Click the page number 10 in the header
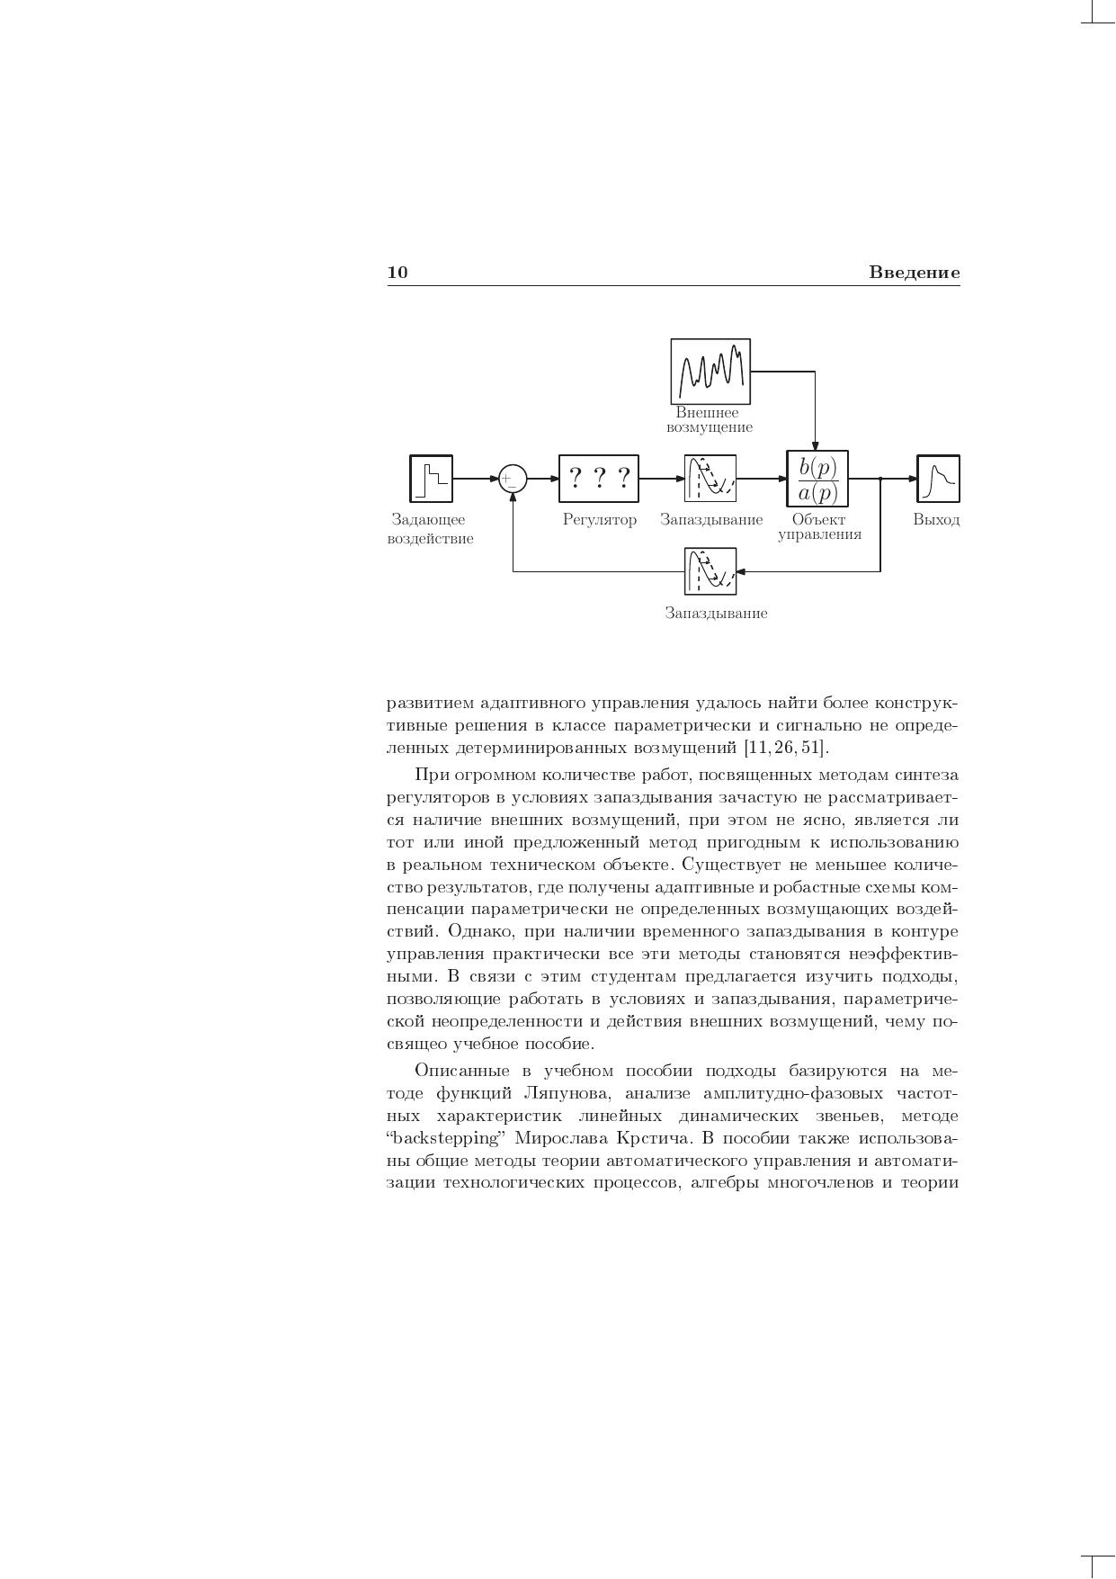[x=397, y=273]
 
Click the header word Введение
[x=914, y=273]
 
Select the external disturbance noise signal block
[x=710, y=372]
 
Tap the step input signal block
[x=431, y=478]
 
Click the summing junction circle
[x=512, y=478]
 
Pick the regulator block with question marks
[x=599, y=478]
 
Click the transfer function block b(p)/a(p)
[x=817, y=480]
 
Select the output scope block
[x=938, y=478]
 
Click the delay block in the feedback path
[x=710, y=571]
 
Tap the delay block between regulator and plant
[x=710, y=478]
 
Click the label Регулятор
[x=599, y=520]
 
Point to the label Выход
[x=936, y=520]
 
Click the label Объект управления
[x=819, y=527]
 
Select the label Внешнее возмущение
[x=710, y=420]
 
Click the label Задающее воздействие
[x=430, y=529]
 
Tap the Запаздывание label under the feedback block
[x=716, y=614]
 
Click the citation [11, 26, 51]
[x=784, y=749]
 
